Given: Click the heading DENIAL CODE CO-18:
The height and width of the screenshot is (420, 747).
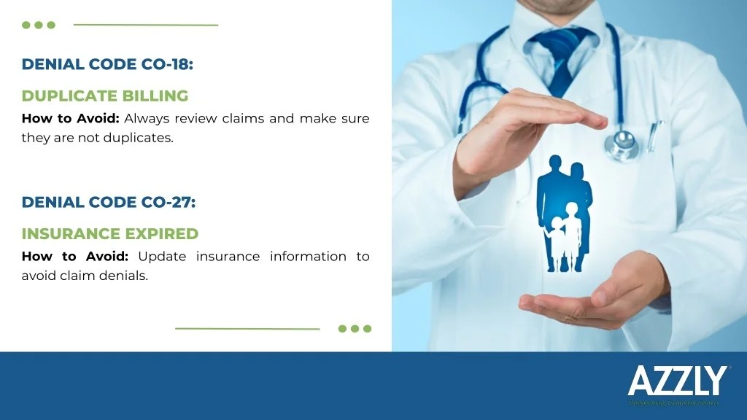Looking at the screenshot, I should coord(107,64).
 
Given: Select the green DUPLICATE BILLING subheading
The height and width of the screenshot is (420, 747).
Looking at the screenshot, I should coord(105,96).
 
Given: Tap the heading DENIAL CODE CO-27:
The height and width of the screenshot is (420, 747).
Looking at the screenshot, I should coord(109,202).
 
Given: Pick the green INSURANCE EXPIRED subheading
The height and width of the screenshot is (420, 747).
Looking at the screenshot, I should coord(110,233).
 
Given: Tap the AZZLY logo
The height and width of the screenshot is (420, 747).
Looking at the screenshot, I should coord(677,381).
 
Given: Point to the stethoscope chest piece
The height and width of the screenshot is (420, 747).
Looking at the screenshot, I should coord(622,143).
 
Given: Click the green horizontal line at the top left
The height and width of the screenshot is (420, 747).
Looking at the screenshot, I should coord(146,25).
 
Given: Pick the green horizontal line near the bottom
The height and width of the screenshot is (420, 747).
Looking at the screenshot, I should coord(247,328).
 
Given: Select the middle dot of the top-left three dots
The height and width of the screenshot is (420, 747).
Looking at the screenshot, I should coord(39,25).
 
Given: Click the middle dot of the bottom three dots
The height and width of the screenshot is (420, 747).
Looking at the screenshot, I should coord(355,328).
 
